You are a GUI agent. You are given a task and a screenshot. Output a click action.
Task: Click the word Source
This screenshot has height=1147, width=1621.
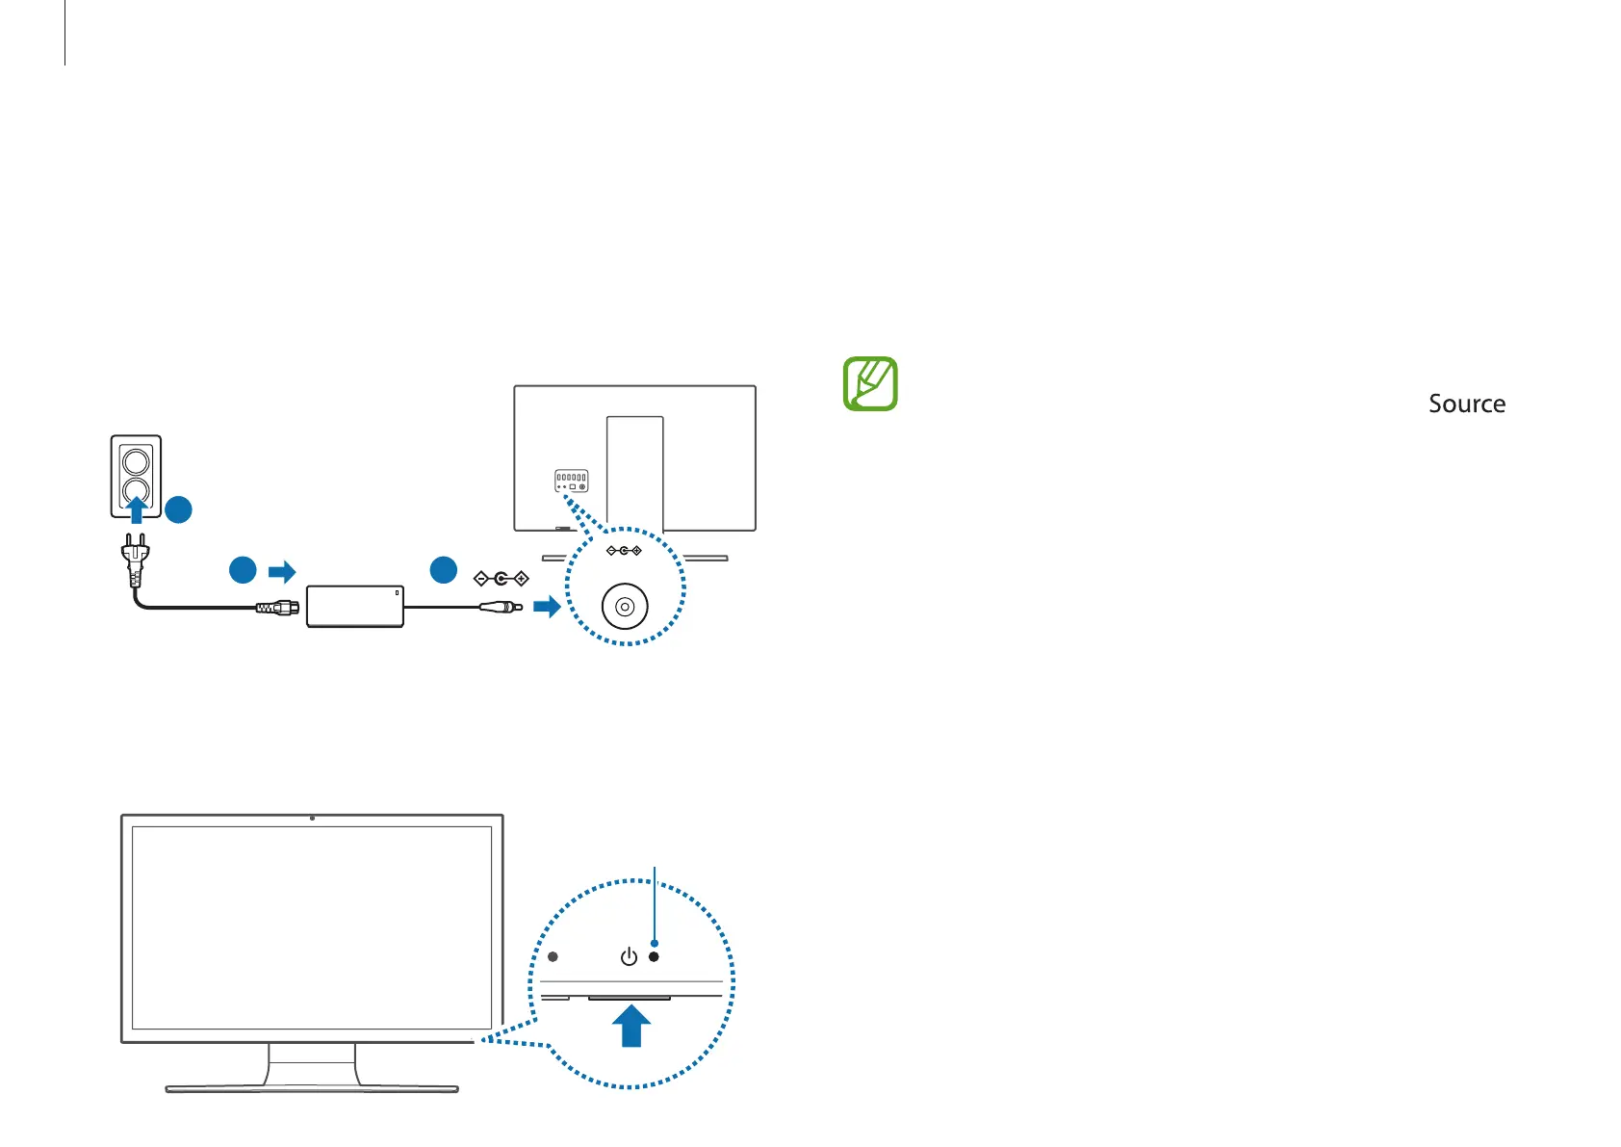click(1466, 404)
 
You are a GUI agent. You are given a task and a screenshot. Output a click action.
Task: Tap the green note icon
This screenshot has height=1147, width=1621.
click(870, 383)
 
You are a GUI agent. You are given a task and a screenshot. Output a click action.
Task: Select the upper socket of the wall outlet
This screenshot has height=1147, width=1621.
click(136, 460)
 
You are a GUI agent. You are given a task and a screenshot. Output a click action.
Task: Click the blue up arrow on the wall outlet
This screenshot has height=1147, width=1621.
click(137, 508)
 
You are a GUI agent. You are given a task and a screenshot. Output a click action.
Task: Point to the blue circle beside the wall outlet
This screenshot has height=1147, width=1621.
click(178, 509)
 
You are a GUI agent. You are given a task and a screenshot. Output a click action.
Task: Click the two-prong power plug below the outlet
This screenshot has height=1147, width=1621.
click(135, 559)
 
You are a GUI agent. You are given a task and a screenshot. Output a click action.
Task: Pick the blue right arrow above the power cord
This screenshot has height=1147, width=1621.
click(282, 572)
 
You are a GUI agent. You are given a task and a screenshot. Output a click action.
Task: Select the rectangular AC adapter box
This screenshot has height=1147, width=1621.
click(354, 606)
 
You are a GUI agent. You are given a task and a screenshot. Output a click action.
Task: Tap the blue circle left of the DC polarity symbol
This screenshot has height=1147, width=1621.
click(443, 569)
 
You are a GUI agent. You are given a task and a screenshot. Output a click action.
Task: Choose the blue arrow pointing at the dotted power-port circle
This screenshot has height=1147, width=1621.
click(547, 606)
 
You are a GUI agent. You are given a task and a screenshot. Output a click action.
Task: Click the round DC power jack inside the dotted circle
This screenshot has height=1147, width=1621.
click(625, 607)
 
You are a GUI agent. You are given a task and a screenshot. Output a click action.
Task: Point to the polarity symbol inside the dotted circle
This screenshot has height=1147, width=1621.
click(624, 551)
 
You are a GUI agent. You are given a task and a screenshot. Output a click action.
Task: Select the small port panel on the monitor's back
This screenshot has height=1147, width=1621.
click(571, 481)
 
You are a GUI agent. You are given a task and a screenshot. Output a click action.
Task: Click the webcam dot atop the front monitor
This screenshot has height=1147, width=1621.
click(312, 818)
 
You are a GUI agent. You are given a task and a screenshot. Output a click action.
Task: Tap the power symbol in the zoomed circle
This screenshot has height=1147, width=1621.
click(629, 956)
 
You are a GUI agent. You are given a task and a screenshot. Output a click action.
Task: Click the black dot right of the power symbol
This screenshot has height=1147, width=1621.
click(654, 956)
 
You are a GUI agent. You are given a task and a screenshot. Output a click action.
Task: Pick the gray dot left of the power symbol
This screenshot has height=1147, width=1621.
click(553, 956)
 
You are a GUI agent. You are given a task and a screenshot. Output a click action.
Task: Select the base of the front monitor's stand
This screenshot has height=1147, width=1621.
click(311, 1089)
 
